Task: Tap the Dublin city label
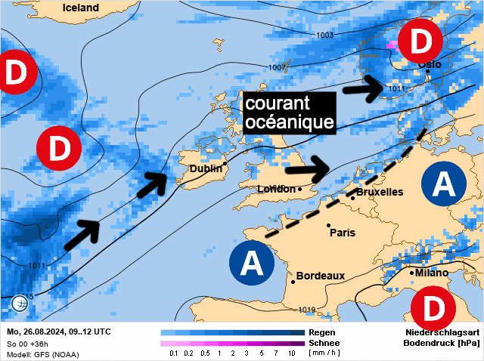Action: [x=206, y=169]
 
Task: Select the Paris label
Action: [x=342, y=233]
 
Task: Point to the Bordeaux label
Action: [x=321, y=276]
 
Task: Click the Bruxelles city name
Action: [x=380, y=192]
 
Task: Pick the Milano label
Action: [x=431, y=273]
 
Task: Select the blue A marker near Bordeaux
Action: [x=251, y=264]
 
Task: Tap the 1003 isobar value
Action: [x=326, y=35]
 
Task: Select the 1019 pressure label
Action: [x=306, y=310]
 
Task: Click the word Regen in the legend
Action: [x=321, y=332]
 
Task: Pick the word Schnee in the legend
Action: [x=324, y=343]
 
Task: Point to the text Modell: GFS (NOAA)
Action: [x=42, y=354]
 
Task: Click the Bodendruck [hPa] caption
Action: [x=442, y=343]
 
